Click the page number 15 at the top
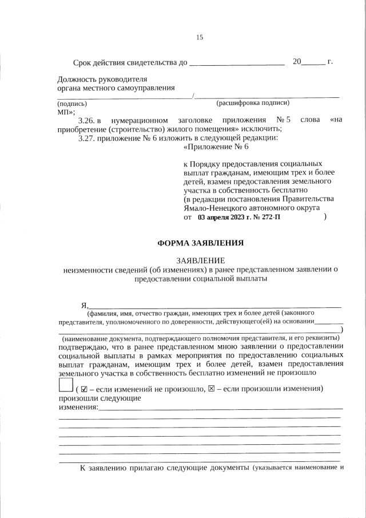coord(200,37)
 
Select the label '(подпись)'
coord(72,104)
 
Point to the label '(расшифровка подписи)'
coord(252,103)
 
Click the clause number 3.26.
coord(86,120)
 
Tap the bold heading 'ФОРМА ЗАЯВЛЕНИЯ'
coord(200,243)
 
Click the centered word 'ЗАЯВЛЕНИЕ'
coord(200,260)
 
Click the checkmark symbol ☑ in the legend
coord(85,389)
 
